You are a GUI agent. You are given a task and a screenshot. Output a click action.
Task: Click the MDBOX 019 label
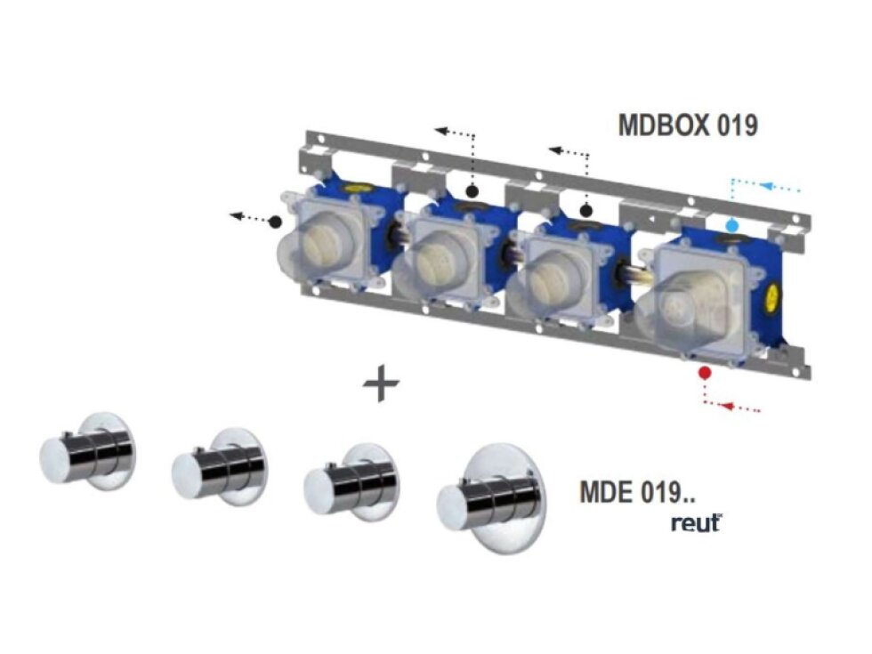pyautogui.click(x=687, y=125)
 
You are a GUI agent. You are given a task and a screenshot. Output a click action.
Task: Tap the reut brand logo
pyautogui.click(x=696, y=523)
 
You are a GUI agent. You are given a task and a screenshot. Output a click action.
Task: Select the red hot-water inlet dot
pyautogui.click(x=705, y=371)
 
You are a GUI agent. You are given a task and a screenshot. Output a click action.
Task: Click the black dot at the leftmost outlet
pyautogui.click(x=276, y=220)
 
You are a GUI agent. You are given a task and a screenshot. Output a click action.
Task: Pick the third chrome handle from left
pyautogui.click(x=348, y=481)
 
